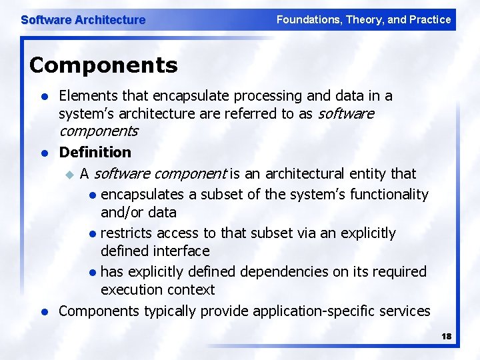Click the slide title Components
[103, 65]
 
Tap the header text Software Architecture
[83, 20]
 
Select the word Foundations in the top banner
[307, 19]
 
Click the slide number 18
[446, 337]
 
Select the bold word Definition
[95, 152]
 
